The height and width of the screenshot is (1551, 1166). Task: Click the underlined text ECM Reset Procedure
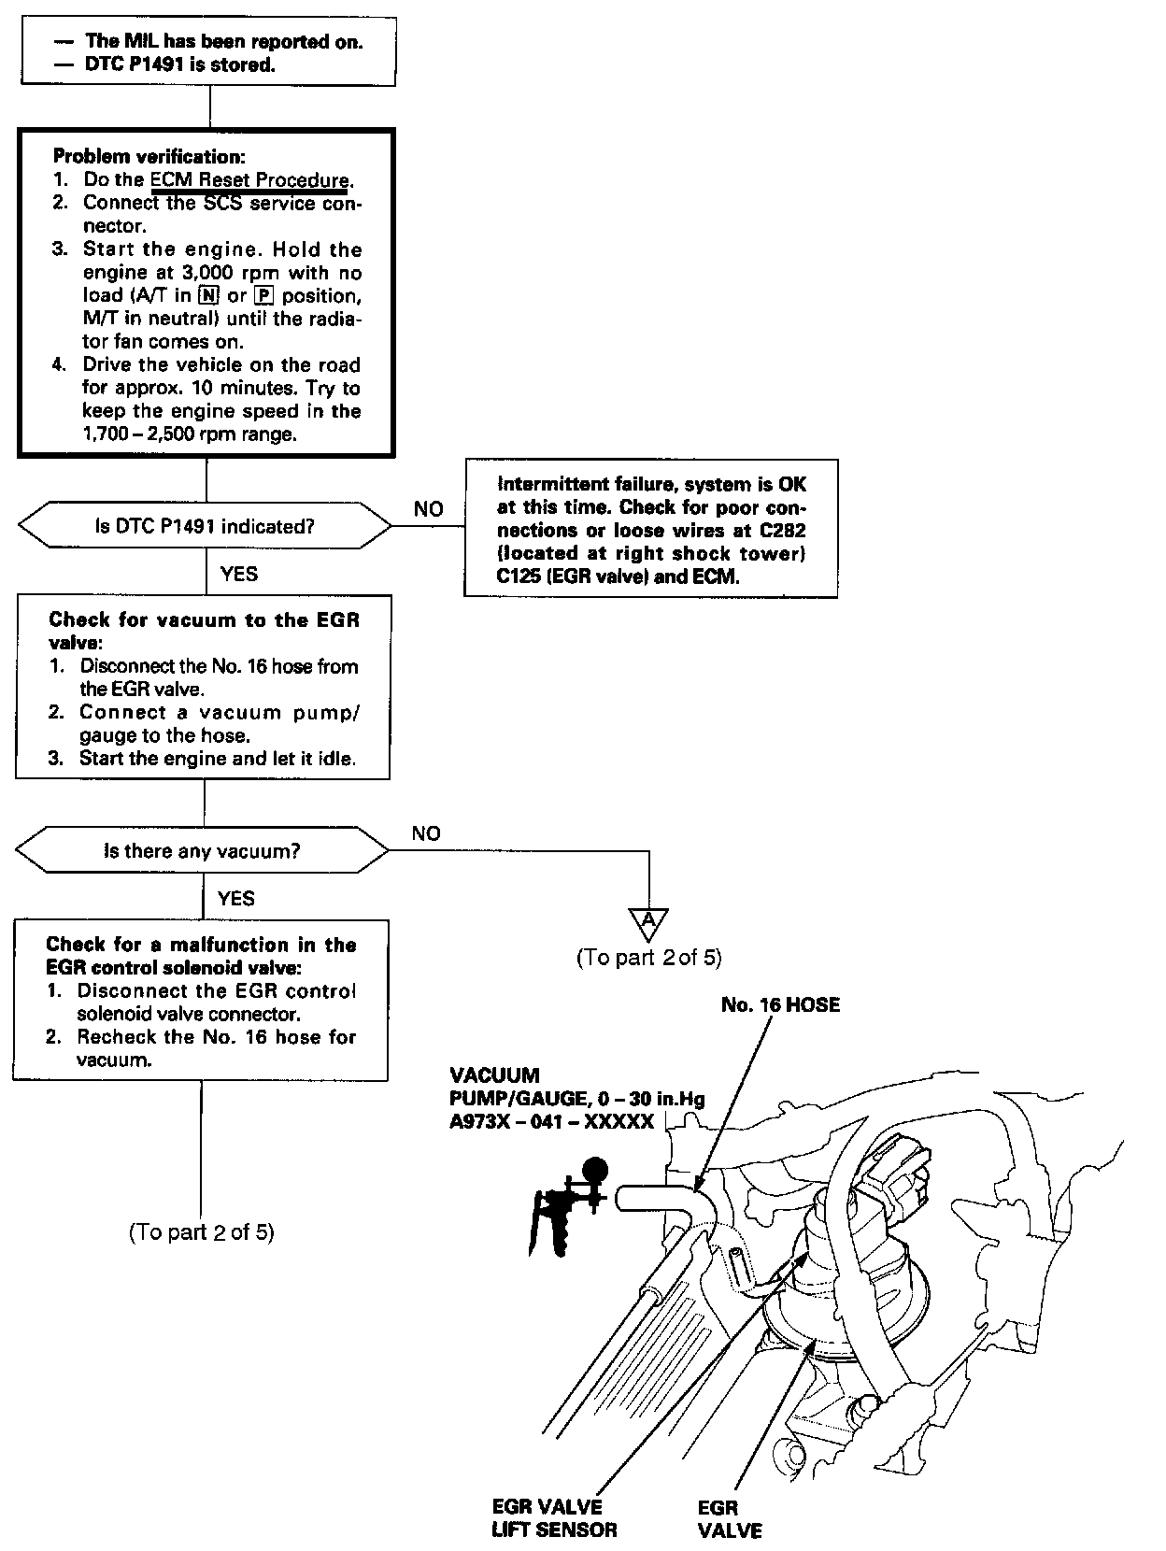pyautogui.click(x=249, y=179)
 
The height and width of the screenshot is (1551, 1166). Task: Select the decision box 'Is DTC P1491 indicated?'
pyautogui.click(x=205, y=526)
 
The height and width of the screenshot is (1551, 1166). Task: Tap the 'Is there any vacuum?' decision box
pyautogui.click(x=203, y=851)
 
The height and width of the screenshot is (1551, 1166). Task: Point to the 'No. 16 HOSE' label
pyautogui.click(x=780, y=1004)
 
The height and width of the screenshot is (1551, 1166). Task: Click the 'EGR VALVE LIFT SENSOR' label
pyautogui.click(x=554, y=1518)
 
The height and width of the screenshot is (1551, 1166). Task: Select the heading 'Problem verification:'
pyautogui.click(x=149, y=156)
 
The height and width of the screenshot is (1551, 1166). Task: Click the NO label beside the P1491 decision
pyautogui.click(x=429, y=509)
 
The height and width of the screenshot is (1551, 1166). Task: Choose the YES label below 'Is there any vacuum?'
pyautogui.click(x=235, y=898)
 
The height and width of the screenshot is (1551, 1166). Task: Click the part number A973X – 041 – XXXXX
pyautogui.click(x=551, y=1122)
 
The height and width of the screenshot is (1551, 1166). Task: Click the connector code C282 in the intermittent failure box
pyautogui.click(x=783, y=531)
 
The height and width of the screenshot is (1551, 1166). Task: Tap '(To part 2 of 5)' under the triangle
pyautogui.click(x=649, y=957)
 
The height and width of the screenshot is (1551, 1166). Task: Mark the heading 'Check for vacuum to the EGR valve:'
pyautogui.click(x=203, y=631)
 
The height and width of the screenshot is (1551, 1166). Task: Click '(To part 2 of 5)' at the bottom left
pyautogui.click(x=201, y=1231)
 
